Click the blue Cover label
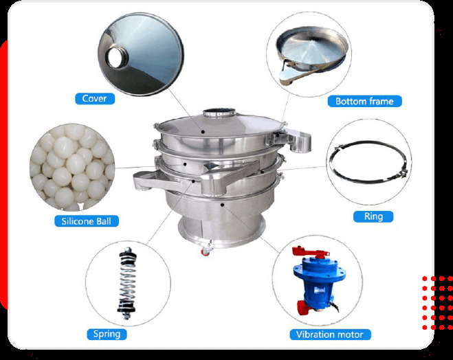pos(94,98)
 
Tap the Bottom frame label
pos(364,101)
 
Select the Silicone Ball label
pos(87,221)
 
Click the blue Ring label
pos(373,216)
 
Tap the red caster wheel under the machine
pos(206,252)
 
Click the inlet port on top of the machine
pos(219,111)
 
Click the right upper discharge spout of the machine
pos(296,140)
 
